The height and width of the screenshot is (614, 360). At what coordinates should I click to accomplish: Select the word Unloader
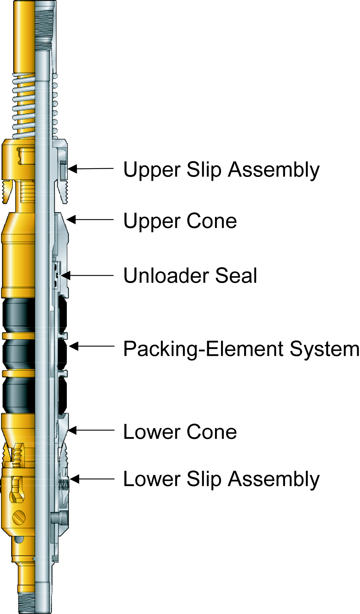[x=166, y=276]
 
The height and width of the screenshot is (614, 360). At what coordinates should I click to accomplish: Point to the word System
[x=324, y=349]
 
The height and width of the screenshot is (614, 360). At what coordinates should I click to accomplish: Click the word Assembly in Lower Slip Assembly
[x=274, y=479]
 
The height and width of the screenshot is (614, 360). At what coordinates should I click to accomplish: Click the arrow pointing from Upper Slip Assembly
[x=91, y=169]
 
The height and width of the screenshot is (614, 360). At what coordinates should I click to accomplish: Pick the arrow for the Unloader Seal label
[x=87, y=275]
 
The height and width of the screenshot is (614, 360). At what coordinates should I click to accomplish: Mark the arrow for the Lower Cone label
[x=91, y=430]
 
